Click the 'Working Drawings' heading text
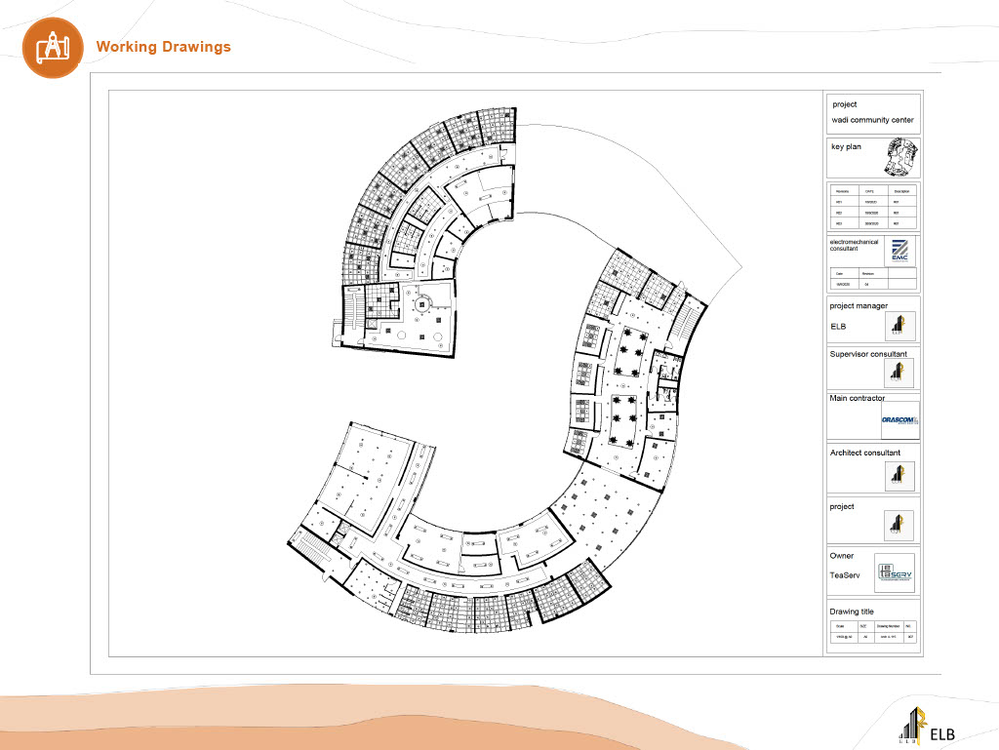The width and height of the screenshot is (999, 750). (x=163, y=47)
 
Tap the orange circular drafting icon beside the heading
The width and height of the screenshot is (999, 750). (x=50, y=47)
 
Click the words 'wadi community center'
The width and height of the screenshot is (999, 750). (x=872, y=121)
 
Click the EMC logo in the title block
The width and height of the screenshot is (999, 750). (x=899, y=251)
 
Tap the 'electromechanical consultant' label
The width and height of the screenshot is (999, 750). (x=854, y=245)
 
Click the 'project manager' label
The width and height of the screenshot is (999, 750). (x=859, y=305)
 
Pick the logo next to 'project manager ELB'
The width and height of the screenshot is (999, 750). (x=899, y=327)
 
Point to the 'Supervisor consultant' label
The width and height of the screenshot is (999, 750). (x=868, y=354)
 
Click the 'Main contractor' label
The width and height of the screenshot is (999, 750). (x=858, y=398)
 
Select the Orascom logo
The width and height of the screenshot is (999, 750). (x=899, y=420)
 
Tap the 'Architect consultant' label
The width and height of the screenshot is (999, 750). (x=864, y=453)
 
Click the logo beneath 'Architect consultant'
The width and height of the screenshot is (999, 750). (x=899, y=475)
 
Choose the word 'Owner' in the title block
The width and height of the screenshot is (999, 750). (x=842, y=556)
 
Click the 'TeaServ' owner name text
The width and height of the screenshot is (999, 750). (x=845, y=575)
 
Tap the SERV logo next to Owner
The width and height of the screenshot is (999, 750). (x=895, y=573)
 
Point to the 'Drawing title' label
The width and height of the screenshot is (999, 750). (x=852, y=612)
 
